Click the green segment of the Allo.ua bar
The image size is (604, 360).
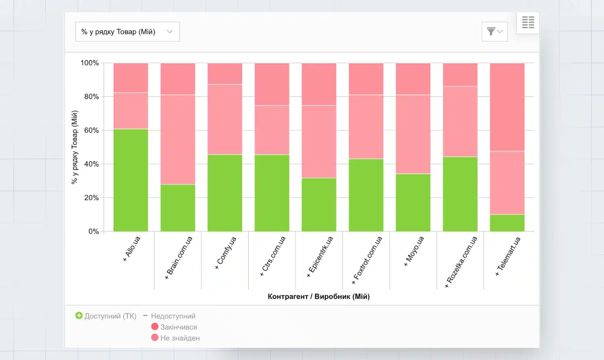(x=131, y=180)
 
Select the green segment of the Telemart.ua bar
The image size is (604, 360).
(x=507, y=223)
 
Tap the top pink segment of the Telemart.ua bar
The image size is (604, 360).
(x=507, y=107)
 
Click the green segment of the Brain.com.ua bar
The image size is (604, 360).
(x=178, y=208)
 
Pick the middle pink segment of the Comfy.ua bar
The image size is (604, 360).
(x=225, y=119)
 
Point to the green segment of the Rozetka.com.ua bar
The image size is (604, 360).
(x=460, y=194)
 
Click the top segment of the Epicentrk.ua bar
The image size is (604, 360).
(x=319, y=84)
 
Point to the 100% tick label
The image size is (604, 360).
(x=89, y=63)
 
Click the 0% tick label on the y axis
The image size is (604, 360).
(x=93, y=231)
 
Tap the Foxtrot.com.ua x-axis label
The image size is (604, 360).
(x=367, y=260)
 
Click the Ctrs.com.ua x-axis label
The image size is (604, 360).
(x=273, y=256)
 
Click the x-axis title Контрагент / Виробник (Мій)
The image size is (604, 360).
(x=319, y=297)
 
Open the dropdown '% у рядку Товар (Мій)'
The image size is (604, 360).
(x=127, y=32)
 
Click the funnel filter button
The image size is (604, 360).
(x=494, y=31)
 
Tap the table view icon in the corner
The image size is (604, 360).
(x=528, y=22)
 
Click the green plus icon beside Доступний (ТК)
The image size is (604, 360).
(x=79, y=316)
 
